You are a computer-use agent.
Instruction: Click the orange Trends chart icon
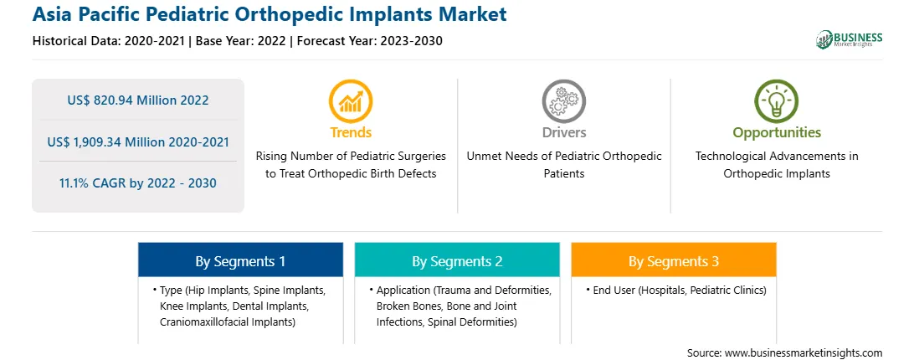coord(351,101)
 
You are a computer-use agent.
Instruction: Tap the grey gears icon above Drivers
coord(563,101)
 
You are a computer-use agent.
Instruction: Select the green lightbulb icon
coord(777,101)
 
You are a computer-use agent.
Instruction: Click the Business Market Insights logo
coord(850,39)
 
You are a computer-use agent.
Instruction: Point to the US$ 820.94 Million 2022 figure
coord(138,100)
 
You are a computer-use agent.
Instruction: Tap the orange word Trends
coord(351,132)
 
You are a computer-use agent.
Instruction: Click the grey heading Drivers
coord(564,132)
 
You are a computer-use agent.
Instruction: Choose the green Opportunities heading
coord(777,133)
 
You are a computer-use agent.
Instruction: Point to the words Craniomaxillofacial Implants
coord(226,321)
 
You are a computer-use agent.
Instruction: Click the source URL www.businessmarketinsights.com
coord(804,353)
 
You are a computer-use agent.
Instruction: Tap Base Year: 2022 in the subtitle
coord(241,41)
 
